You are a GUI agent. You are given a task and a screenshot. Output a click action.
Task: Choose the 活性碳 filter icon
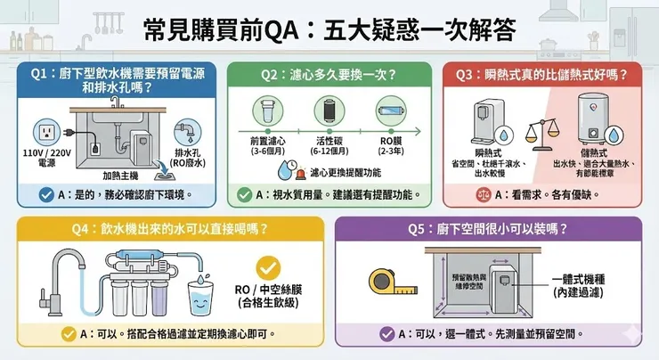click(x=329, y=113)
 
